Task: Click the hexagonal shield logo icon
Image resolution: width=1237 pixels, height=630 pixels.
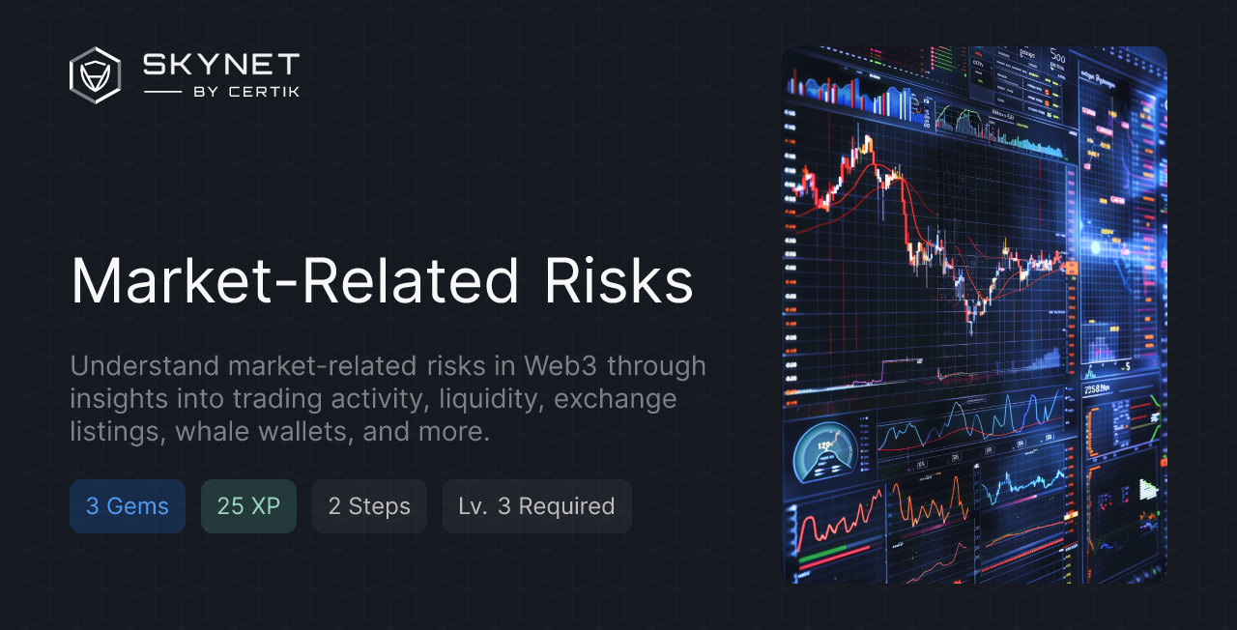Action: pyautogui.click(x=95, y=75)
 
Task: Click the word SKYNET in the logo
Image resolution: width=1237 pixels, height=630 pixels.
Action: pyautogui.click(x=221, y=65)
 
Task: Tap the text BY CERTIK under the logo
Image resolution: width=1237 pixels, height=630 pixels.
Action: pyautogui.click(x=245, y=92)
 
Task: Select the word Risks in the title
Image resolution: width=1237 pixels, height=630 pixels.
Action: pyautogui.click(x=618, y=282)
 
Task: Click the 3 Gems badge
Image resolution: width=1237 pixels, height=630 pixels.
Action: pyautogui.click(x=128, y=506)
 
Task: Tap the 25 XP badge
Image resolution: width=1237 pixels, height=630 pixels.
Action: pyautogui.click(x=248, y=506)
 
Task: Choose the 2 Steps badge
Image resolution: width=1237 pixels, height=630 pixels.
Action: pyautogui.click(x=369, y=506)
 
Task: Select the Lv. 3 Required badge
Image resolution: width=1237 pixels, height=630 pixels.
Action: pyautogui.click(x=536, y=506)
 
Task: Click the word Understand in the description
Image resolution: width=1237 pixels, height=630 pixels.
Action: pyautogui.click(x=145, y=366)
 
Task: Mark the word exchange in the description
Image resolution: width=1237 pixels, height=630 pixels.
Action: pyautogui.click(x=616, y=399)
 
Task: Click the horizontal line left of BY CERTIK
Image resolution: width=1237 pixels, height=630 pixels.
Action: pyautogui.click(x=162, y=92)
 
